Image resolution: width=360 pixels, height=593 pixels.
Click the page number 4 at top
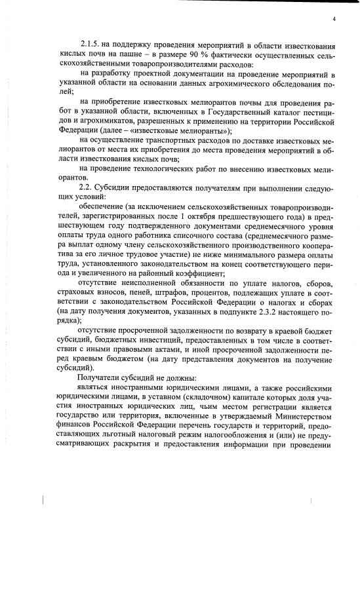pyautogui.click(x=334, y=20)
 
